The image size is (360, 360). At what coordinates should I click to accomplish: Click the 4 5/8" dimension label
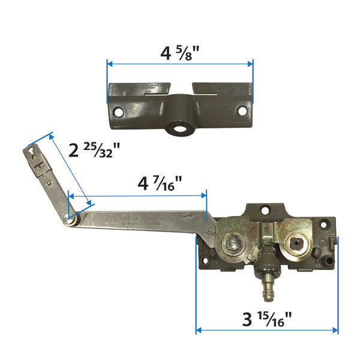(x=179, y=54)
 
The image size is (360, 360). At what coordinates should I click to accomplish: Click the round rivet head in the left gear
(x=233, y=243)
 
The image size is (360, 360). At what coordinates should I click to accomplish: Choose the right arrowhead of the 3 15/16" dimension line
(x=335, y=329)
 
